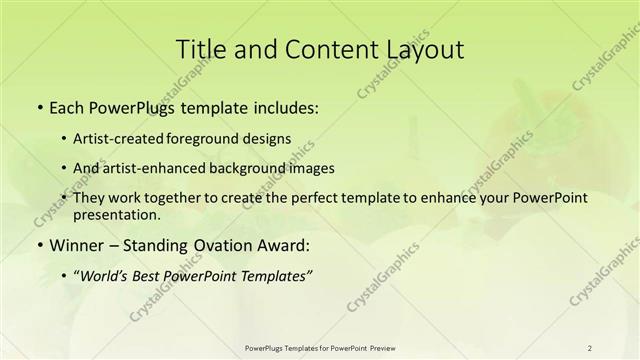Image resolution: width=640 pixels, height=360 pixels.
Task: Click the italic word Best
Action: [x=150, y=278]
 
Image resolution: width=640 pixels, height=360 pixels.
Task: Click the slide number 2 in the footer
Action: [x=590, y=347]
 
